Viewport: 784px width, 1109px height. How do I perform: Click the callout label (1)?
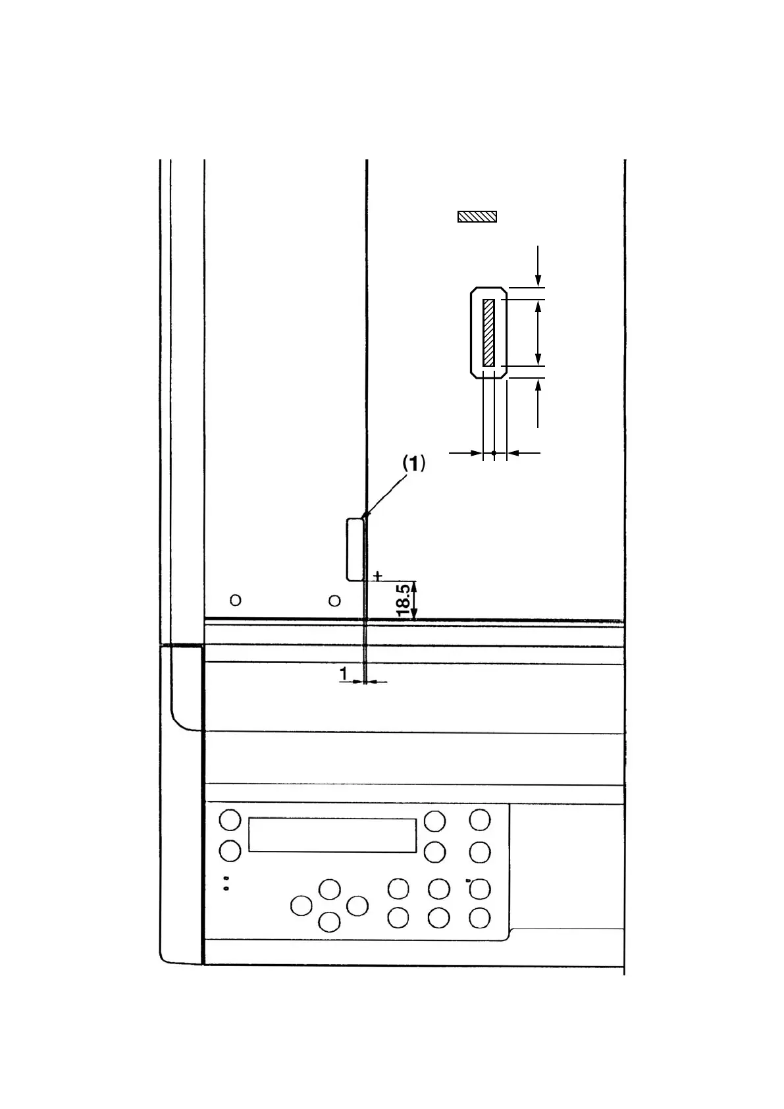point(414,464)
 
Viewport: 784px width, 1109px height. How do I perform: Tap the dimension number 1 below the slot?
point(343,674)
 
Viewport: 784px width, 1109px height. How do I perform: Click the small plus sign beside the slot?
point(377,576)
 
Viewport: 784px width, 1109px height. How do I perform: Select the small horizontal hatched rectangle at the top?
point(477,217)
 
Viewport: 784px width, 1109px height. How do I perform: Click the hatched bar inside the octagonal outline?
point(488,333)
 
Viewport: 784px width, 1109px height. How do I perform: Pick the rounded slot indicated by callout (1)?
point(355,549)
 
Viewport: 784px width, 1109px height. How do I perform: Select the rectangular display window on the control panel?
point(332,835)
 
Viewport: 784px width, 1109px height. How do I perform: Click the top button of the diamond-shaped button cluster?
point(329,889)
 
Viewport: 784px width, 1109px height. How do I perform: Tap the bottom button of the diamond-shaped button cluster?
point(329,922)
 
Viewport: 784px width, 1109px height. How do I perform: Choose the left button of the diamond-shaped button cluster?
point(301,906)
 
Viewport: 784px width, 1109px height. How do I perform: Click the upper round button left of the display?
point(230,821)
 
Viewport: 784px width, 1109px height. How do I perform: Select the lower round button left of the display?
point(230,850)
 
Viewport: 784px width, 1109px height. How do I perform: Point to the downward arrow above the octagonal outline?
point(538,267)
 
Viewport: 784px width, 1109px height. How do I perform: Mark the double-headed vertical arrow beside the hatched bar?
point(538,333)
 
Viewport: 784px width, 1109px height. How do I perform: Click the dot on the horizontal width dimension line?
point(494,452)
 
